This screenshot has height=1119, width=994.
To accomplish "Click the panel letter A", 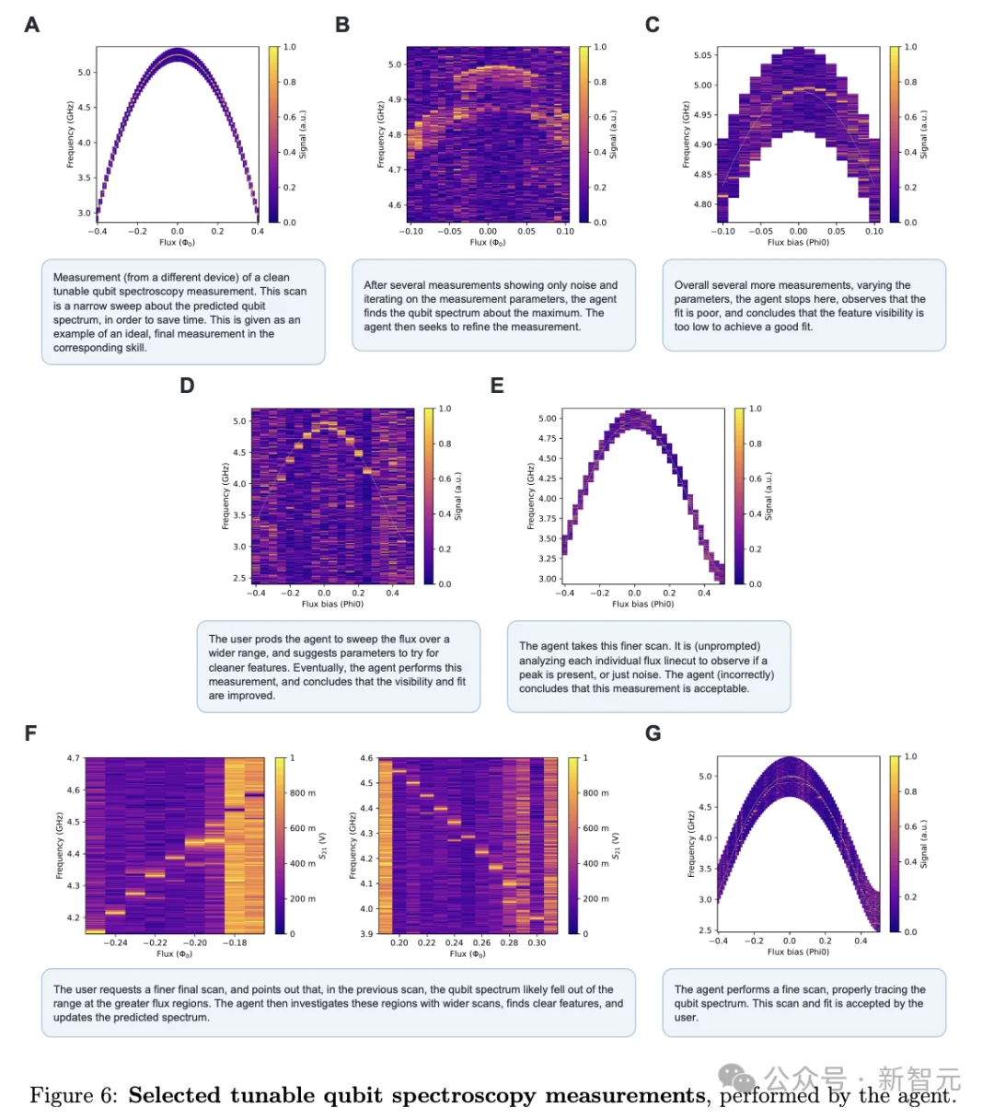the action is click(x=32, y=25).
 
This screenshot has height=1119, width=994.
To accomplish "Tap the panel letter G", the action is click(x=653, y=733).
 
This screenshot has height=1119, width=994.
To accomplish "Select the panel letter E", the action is click(x=497, y=386).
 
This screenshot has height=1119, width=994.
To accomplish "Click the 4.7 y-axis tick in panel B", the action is click(x=394, y=169).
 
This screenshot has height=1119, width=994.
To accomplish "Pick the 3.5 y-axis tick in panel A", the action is click(x=84, y=178).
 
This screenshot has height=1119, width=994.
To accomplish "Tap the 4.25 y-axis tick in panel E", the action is click(x=547, y=479).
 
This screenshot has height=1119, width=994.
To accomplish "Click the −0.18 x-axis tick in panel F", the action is click(x=235, y=943).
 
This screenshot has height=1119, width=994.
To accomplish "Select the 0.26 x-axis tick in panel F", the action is click(x=481, y=943).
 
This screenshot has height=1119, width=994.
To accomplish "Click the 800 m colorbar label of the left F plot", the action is click(x=302, y=793).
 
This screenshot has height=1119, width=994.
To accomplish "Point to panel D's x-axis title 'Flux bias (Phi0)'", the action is click(x=332, y=605).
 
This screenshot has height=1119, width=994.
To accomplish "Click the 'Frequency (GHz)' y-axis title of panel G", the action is click(x=690, y=844).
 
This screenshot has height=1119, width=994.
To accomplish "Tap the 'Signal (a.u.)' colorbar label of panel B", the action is click(x=613, y=134).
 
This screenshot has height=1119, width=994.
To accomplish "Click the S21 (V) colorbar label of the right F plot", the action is click(x=616, y=846).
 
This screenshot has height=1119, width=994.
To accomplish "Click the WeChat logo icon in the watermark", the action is click(x=736, y=1077).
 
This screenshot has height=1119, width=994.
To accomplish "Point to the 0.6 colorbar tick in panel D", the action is click(x=445, y=479).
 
